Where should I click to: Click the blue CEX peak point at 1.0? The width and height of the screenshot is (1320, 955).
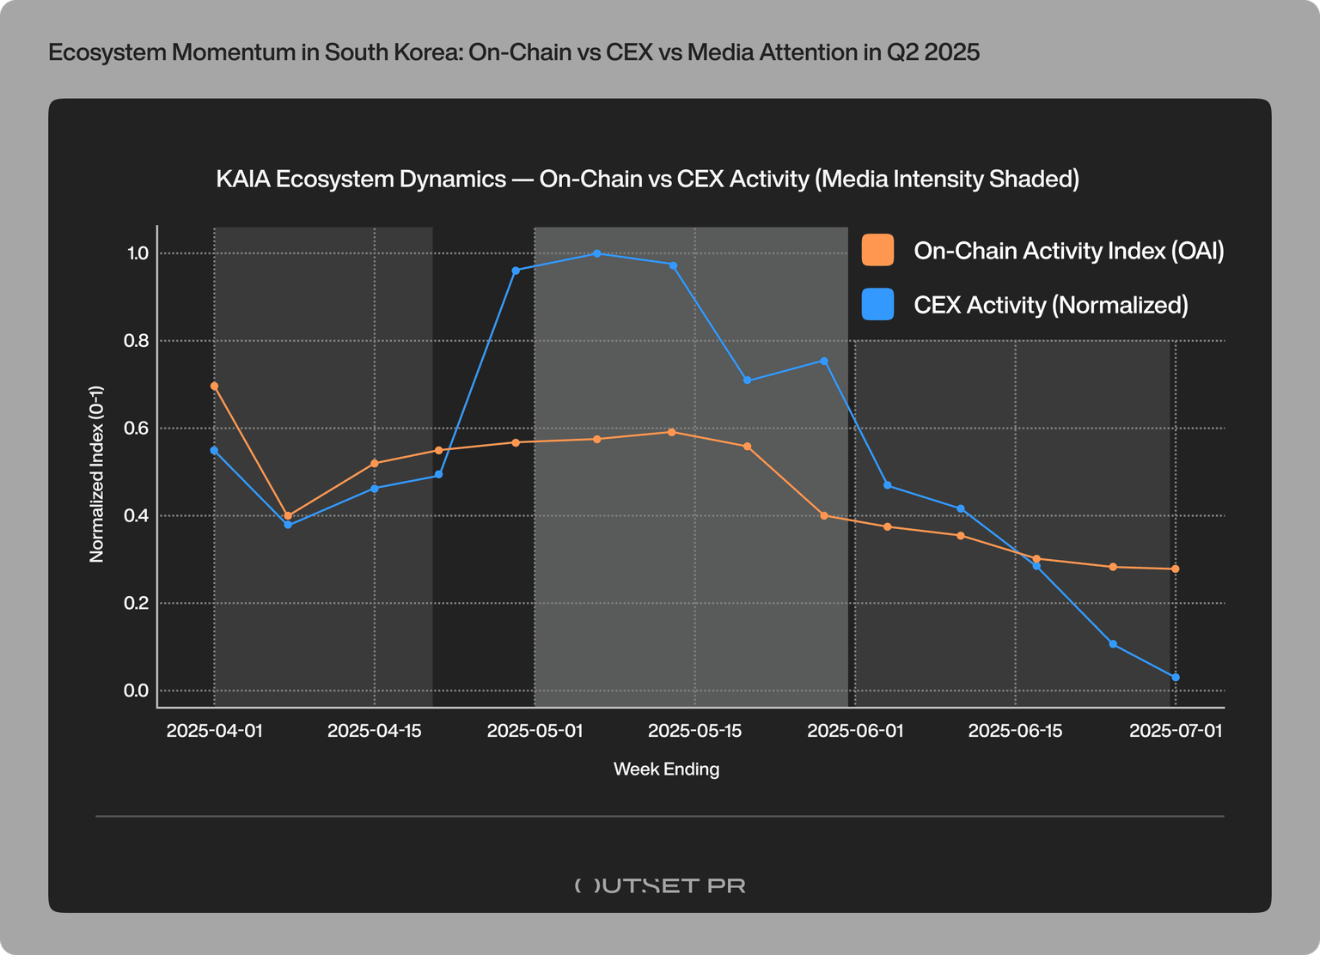pyautogui.click(x=596, y=253)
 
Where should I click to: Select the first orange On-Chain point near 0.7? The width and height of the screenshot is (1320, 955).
pyautogui.click(x=214, y=386)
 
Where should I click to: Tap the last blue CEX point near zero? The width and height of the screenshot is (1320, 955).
pyautogui.click(x=1175, y=678)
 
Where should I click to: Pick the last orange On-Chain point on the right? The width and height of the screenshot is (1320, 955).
pyautogui.click(x=1175, y=569)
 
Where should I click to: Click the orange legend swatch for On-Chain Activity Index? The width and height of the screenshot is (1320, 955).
pyautogui.click(x=877, y=250)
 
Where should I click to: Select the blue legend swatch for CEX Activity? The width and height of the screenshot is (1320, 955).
pyautogui.click(x=877, y=305)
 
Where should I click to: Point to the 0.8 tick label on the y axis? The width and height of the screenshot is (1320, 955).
pyautogui.click(x=137, y=341)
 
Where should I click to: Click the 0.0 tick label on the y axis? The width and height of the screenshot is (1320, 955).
pyautogui.click(x=137, y=690)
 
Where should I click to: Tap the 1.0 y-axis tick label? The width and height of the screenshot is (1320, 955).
pyautogui.click(x=137, y=253)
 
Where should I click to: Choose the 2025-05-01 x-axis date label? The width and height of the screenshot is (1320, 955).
pyautogui.click(x=535, y=731)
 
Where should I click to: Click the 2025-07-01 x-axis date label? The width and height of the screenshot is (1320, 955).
pyautogui.click(x=1175, y=731)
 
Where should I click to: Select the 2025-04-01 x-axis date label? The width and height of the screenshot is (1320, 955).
pyautogui.click(x=214, y=731)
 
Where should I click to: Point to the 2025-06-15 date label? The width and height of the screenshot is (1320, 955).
pyautogui.click(x=1015, y=731)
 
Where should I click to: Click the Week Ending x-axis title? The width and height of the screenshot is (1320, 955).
pyautogui.click(x=666, y=769)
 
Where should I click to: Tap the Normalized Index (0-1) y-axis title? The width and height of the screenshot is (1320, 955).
pyautogui.click(x=97, y=473)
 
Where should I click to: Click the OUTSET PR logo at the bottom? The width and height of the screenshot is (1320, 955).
pyautogui.click(x=660, y=885)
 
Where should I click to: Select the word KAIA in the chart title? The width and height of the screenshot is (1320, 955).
pyautogui.click(x=241, y=179)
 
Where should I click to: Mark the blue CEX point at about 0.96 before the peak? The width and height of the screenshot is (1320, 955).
pyautogui.click(x=516, y=271)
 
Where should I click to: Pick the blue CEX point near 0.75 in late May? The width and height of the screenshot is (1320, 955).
pyautogui.click(x=823, y=361)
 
